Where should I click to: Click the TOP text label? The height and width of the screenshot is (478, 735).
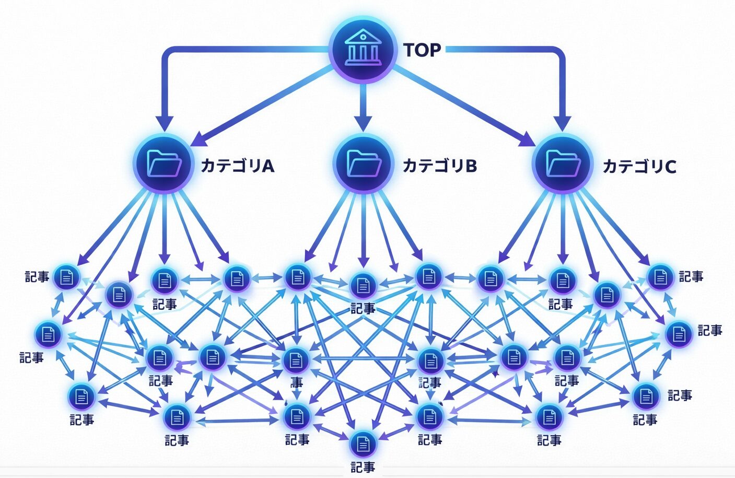pyautogui.click(x=422, y=50)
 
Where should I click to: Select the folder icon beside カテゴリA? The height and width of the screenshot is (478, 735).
pyautogui.click(x=164, y=164)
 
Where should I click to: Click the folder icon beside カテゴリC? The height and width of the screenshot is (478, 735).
pyautogui.click(x=562, y=164)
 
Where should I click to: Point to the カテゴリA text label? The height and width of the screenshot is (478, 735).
pyautogui.click(x=238, y=166)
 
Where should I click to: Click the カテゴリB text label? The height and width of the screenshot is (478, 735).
pyautogui.click(x=439, y=166)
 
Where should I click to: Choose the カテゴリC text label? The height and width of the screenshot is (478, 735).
pyautogui.click(x=639, y=167)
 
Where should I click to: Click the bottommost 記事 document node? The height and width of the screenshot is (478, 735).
pyautogui.click(x=363, y=445)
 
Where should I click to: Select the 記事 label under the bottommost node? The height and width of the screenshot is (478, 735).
pyautogui.click(x=363, y=467)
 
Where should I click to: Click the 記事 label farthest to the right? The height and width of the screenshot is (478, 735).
pyautogui.click(x=710, y=330)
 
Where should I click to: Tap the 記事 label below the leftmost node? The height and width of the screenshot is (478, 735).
pyautogui.click(x=31, y=358)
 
